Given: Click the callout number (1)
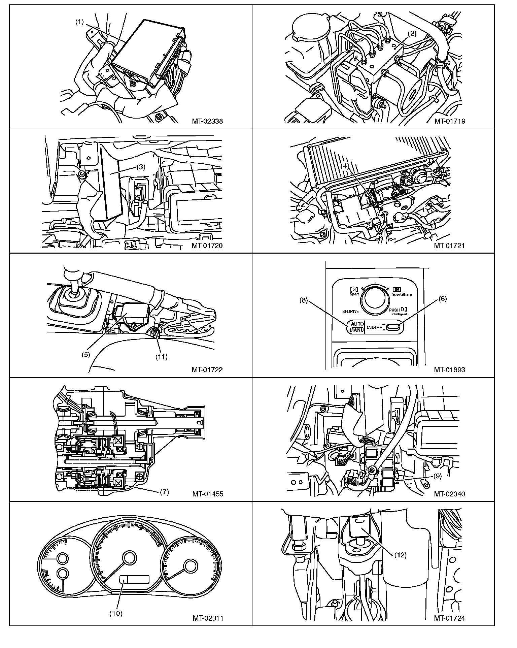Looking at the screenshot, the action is tap(79, 22).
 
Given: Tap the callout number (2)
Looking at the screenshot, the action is tap(412, 34).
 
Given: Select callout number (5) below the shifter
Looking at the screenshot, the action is tap(86, 355).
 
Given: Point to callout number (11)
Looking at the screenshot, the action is tap(161, 357).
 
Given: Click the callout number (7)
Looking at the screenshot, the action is tap(164, 492).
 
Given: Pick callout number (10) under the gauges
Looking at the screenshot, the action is tap(116, 613).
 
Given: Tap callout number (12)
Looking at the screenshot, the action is tap(401, 555).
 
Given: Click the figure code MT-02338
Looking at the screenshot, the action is tap(207, 121).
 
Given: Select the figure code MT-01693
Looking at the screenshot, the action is tap(449, 370).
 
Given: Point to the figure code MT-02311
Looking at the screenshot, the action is tap(208, 618).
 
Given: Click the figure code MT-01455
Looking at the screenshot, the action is tap(208, 494).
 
